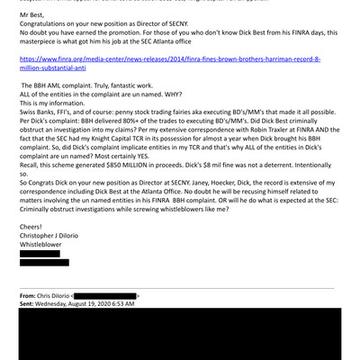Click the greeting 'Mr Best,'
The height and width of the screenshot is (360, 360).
(x=33, y=17)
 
